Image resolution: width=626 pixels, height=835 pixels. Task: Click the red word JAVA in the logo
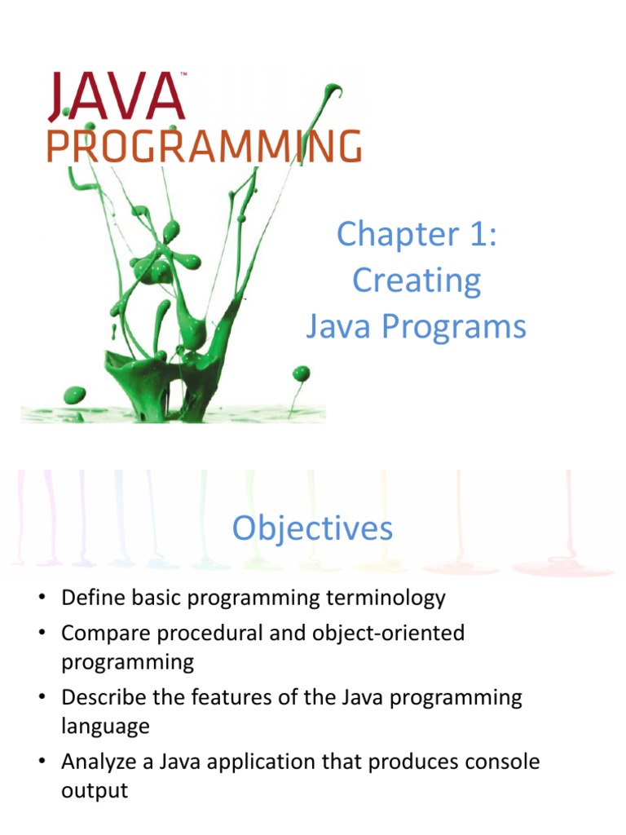[117, 97]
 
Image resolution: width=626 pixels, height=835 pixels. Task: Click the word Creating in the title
[417, 281]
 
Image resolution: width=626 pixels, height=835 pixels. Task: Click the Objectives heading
[312, 528]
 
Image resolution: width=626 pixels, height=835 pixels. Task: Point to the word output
[95, 790]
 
